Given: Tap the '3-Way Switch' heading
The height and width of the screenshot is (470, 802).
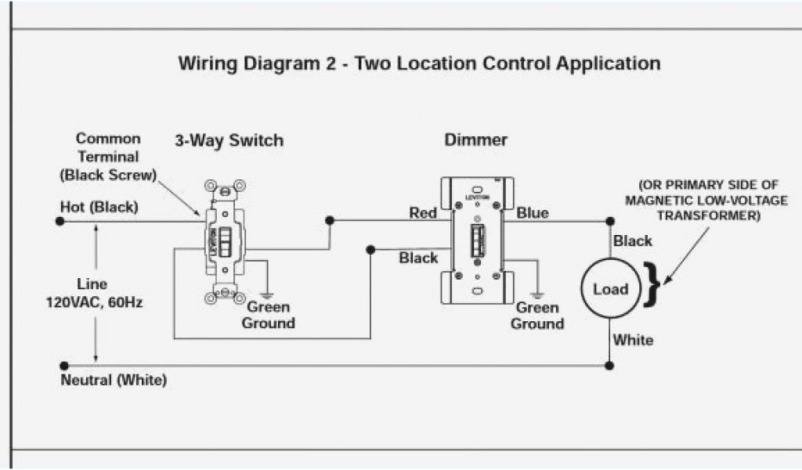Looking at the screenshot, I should tap(228, 141).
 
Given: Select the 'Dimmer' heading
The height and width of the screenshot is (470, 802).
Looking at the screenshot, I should tap(475, 141).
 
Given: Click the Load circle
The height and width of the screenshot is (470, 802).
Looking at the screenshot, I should tap(611, 289).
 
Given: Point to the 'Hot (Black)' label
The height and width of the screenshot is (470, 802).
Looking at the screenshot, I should tap(99, 208).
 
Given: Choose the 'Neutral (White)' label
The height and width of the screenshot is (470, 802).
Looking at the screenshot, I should tap(114, 381).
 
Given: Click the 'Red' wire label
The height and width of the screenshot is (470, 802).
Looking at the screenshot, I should tap(423, 213).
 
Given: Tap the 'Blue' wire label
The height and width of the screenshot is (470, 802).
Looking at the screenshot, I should tap(533, 213).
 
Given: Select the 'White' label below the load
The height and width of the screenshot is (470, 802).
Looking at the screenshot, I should tap(633, 340).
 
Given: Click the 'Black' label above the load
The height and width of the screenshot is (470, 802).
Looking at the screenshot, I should tap(633, 240).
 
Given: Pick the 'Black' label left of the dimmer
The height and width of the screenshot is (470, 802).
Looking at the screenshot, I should tap(418, 258).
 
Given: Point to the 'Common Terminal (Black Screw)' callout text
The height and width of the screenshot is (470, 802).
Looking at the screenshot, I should tap(108, 157).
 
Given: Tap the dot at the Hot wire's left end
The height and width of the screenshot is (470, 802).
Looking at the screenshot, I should tap(60, 222).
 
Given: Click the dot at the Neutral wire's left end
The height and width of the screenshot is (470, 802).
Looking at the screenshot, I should tap(63, 365).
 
